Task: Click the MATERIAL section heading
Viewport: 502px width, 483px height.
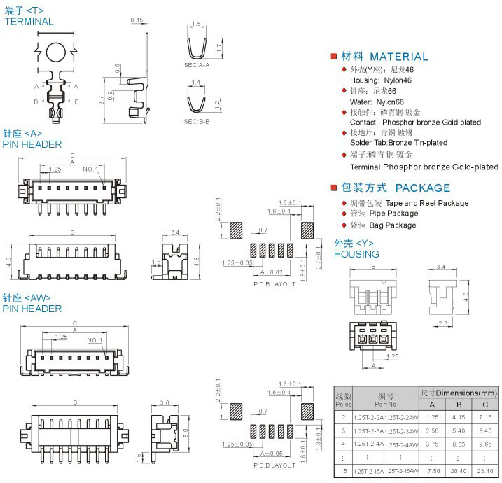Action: (398, 57)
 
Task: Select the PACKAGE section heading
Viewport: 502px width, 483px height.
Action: (422, 188)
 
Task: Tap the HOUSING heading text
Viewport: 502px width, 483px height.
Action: (356, 254)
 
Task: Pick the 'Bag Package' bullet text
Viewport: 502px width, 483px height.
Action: (392, 225)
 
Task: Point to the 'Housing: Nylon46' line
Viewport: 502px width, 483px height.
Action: (382, 80)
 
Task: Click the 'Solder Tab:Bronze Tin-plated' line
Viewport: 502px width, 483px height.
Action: (398, 143)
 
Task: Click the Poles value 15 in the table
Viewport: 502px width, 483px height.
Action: (343, 470)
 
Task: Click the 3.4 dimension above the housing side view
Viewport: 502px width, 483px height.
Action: (441, 267)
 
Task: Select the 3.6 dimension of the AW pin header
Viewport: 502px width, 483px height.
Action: (165, 402)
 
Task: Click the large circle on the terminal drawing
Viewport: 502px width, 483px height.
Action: (55, 52)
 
